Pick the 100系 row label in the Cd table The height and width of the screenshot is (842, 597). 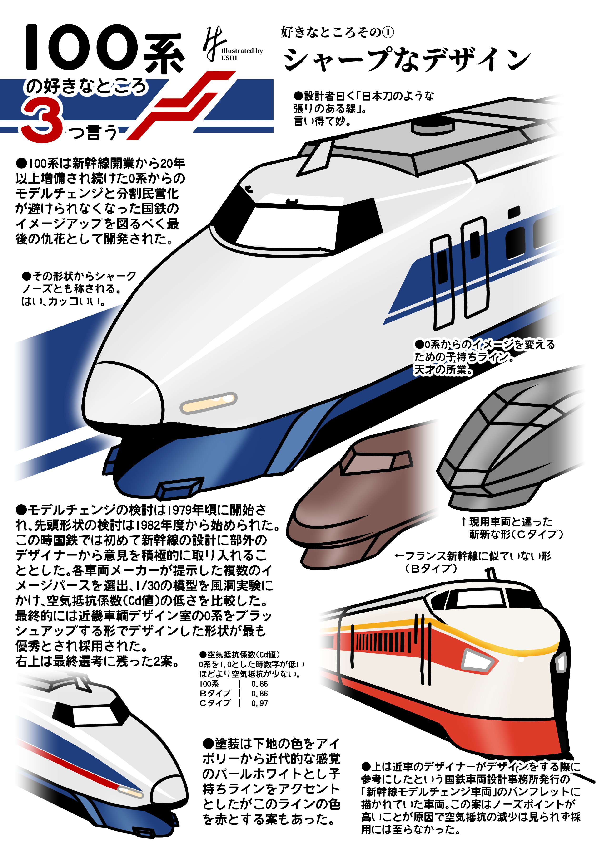pyautogui.click(x=209, y=684)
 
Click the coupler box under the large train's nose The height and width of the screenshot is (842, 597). pyautogui.click(x=179, y=488)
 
